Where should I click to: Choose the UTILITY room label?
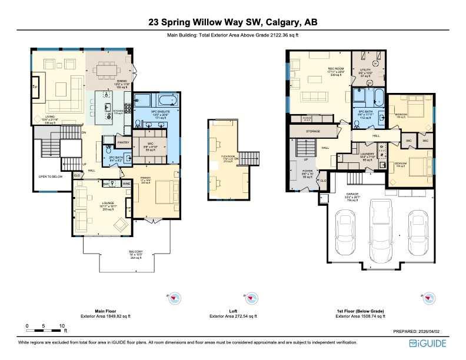pyautogui.click(x=365, y=70)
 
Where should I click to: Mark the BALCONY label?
pyautogui.click(x=136, y=252)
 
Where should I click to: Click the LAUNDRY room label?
pyautogui.click(x=367, y=154)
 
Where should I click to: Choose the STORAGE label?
pyautogui.click(x=313, y=131)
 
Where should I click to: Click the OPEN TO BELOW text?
pyautogui.click(x=51, y=176)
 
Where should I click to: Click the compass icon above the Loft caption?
pyautogui.click(x=249, y=299)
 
